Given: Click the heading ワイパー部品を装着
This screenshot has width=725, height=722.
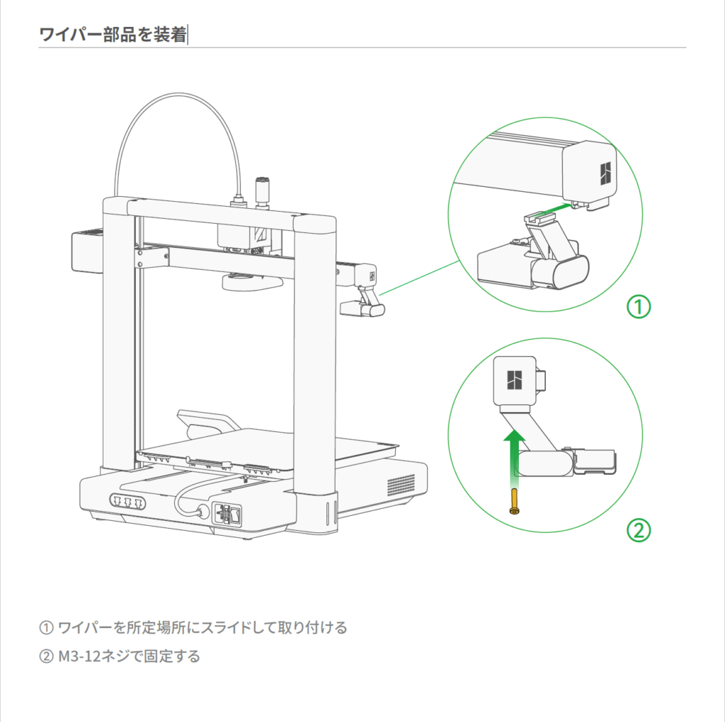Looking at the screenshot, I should point(112,35).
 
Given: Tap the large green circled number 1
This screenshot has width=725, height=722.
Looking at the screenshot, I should point(638,306).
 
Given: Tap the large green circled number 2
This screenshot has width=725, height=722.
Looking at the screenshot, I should point(638,530).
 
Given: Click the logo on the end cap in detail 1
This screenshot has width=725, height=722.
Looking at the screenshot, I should point(604,171).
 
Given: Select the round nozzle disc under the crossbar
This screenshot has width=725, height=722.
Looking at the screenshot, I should point(252,282).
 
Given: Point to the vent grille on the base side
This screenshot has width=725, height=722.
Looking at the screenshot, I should point(401,485).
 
